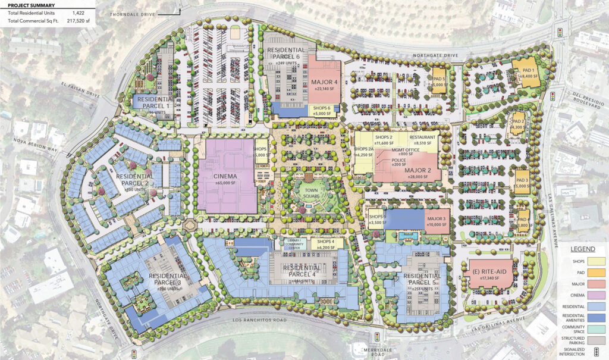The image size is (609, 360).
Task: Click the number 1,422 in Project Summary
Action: point(78,12)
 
